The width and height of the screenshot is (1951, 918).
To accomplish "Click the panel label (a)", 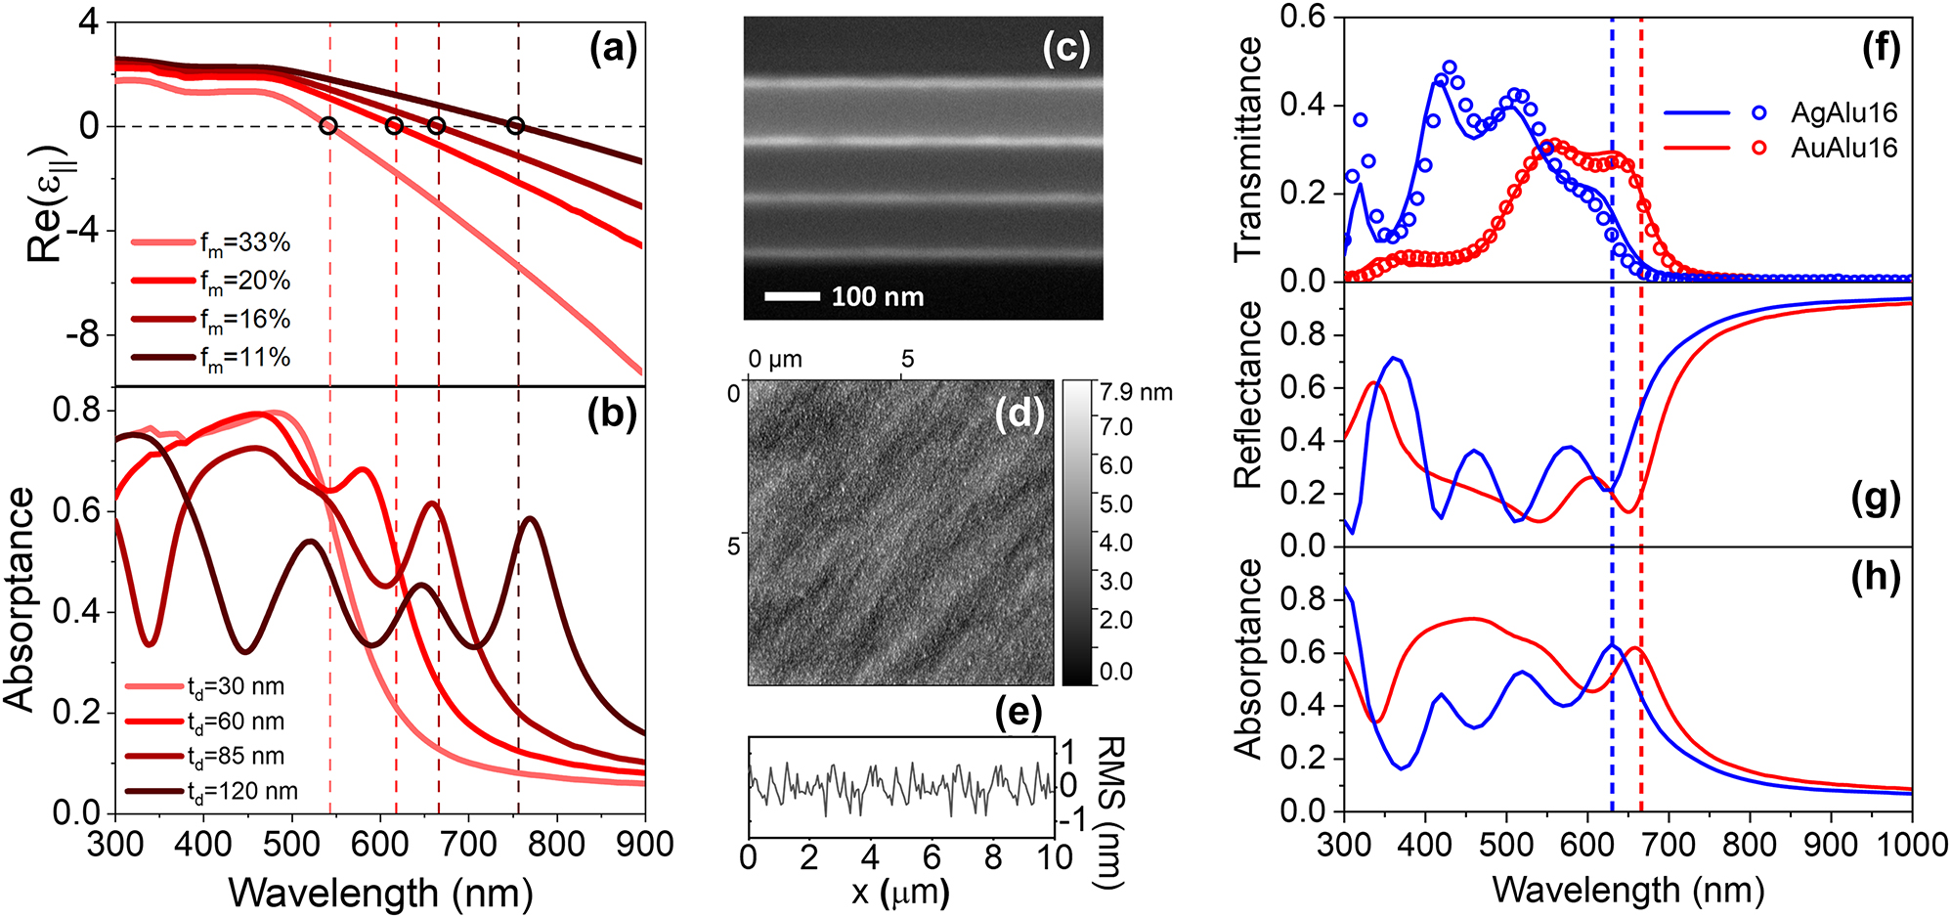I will (x=612, y=48).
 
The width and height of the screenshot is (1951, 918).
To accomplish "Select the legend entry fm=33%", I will (x=244, y=242).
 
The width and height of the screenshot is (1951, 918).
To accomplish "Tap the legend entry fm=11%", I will (x=244, y=358).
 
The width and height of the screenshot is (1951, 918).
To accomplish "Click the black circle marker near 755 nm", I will (x=516, y=125).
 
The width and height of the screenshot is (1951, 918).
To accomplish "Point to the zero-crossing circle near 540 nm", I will (x=328, y=126).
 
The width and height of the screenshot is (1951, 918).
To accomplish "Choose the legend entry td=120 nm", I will (x=242, y=791).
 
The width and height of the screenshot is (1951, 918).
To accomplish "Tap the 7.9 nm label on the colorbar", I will (x=1136, y=393).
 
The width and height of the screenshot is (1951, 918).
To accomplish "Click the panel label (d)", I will (x=1019, y=415).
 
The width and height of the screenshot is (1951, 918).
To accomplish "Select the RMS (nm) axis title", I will (x=1110, y=812).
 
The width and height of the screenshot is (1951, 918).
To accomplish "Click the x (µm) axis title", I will (x=899, y=893).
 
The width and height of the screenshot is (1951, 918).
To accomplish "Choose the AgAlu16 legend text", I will (x=1843, y=112).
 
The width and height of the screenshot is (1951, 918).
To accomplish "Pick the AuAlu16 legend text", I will (x=1843, y=149).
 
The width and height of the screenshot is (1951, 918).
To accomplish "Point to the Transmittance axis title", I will (x=1248, y=149).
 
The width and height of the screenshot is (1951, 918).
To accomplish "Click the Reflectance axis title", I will (x=1248, y=395).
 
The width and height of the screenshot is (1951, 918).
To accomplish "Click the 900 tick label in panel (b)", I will (x=644, y=844).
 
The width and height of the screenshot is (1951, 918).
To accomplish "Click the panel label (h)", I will (x=1875, y=577).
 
